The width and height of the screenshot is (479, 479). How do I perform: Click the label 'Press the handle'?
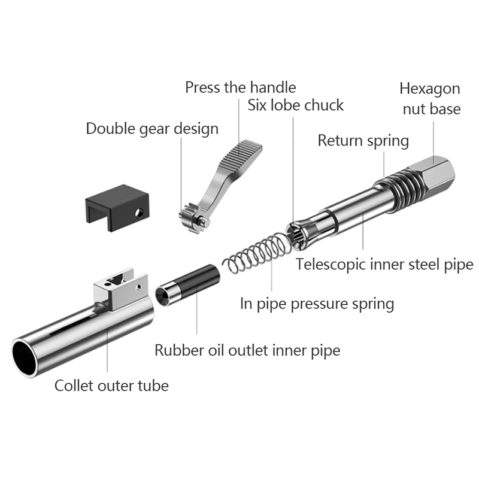coord(241,87)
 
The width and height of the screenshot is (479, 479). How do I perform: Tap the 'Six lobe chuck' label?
coord(295,105)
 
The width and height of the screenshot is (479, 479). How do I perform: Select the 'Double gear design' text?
coord(152,129)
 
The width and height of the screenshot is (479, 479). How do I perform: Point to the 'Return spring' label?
coord(363,141)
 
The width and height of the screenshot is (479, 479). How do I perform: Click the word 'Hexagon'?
coord(430,89)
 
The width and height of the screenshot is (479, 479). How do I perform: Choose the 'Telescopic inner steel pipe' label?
coord(384,265)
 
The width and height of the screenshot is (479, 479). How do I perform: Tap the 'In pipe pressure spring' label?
coord(317,304)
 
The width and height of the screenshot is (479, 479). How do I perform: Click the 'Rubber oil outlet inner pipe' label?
coord(247,350)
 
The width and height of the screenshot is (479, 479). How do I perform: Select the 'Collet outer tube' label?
coord(111,386)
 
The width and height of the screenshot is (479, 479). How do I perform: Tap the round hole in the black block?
coord(140,212)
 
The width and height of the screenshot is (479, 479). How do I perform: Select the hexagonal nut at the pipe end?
coord(433,174)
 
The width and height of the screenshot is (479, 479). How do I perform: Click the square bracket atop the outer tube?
coord(122,289)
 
